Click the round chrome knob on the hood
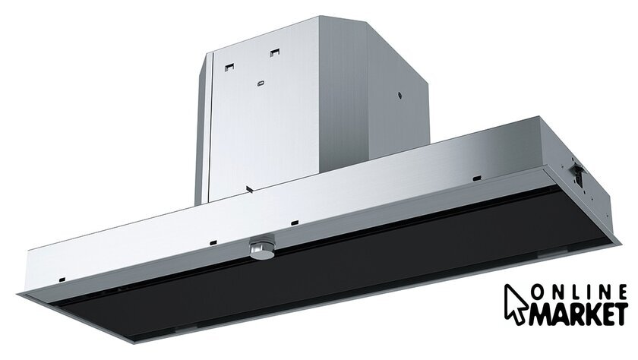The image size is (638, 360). point(261,249)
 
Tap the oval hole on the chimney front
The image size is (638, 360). point(261,84)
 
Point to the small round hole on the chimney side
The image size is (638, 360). point(400,96)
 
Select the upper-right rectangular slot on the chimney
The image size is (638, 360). point(275,52)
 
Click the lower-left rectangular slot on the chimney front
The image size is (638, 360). point(230,67)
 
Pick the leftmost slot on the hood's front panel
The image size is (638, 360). point(62,279)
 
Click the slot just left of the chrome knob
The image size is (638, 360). point(213,242)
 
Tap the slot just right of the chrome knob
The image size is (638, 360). point(295,223)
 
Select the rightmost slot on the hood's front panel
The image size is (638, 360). point(477,178)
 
